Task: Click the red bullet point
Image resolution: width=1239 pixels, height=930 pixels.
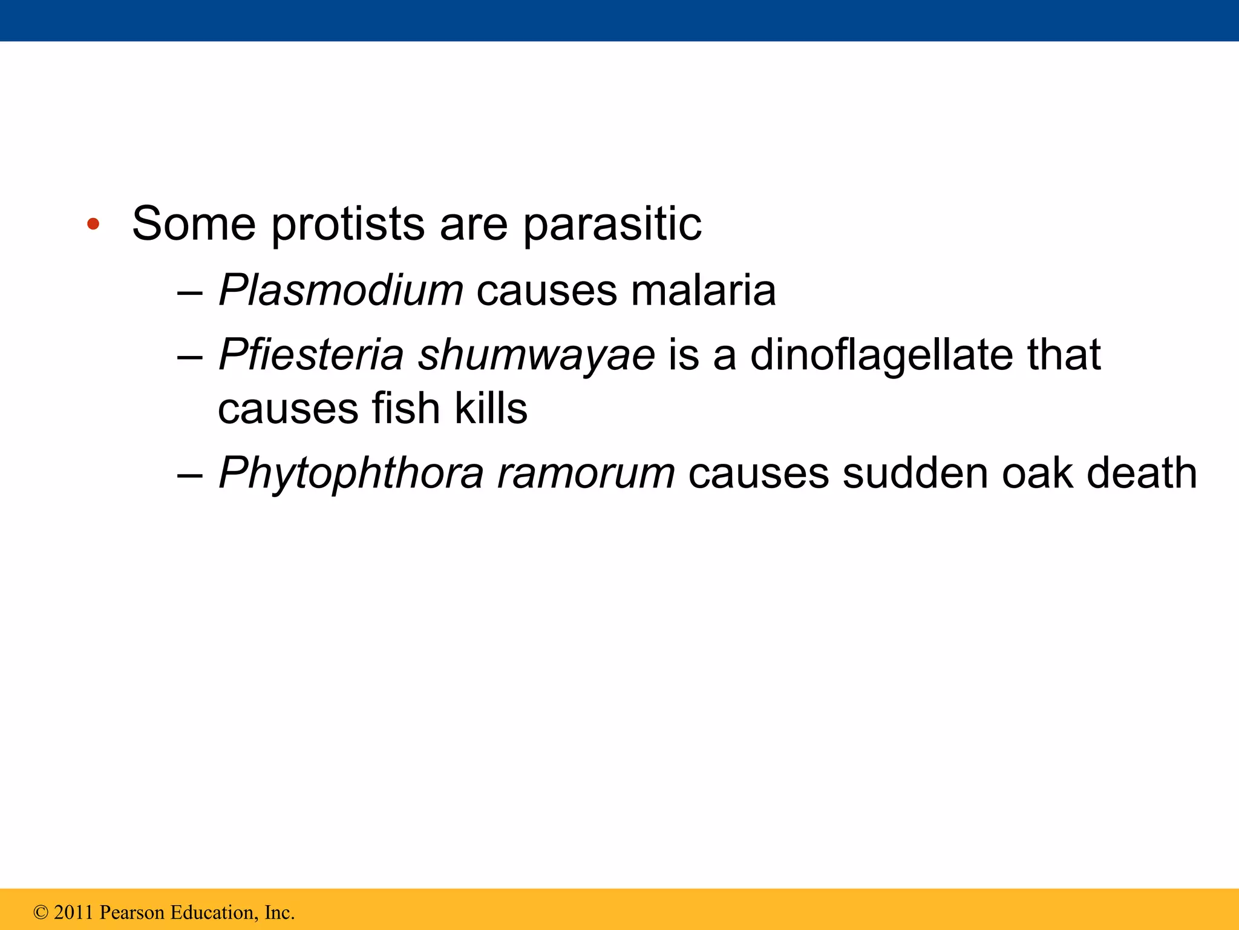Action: coord(93,225)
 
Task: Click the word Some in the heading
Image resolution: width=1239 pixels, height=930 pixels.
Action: coord(194,224)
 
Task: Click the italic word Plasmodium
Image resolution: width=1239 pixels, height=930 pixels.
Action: coord(341,291)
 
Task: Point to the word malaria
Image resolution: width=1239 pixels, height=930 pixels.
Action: coord(703,291)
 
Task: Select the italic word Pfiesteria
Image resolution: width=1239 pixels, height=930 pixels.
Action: coord(311,354)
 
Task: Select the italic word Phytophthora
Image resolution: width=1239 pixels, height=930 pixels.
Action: coord(351,473)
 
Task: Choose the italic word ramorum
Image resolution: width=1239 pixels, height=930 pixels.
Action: coord(585,473)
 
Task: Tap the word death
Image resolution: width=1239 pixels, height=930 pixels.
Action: coord(1142,473)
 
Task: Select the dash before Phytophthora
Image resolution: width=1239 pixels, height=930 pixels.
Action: coord(190,475)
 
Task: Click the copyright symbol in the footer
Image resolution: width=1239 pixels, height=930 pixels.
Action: coord(41,912)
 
